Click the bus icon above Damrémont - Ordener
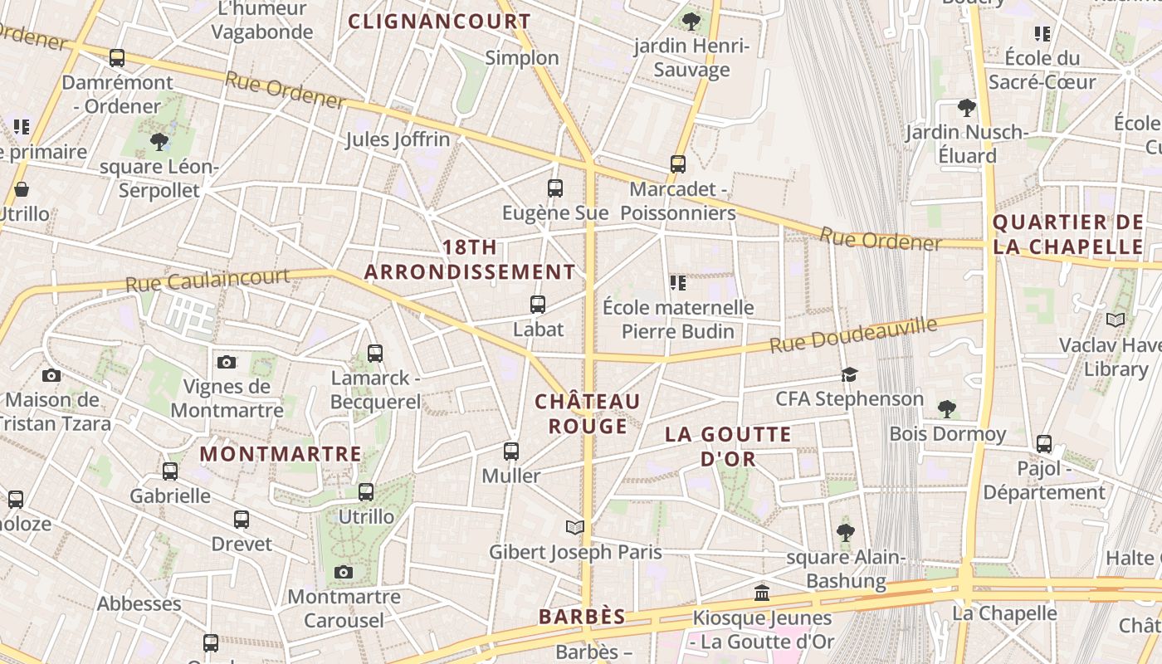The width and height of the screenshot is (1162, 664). click(x=117, y=58)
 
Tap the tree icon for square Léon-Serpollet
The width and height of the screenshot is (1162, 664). click(x=159, y=142)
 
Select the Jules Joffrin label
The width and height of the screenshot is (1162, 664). click(x=398, y=139)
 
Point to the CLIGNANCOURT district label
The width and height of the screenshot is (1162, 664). click(x=439, y=22)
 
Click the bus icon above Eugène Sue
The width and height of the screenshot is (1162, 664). click(x=555, y=188)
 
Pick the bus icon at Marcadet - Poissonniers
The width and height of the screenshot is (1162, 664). click(x=678, y=164)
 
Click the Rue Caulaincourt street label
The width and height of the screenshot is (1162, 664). click(x=207, y=280)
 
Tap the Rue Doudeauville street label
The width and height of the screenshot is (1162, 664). click(x=853, y=334)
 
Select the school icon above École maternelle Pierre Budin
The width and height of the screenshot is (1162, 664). click(x=678, y=283)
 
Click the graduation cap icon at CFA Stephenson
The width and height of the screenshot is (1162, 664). click(x=849, y=374)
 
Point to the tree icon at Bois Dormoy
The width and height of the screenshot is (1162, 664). click(x=946, y=408)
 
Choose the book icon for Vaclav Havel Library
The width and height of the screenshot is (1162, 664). click(x=1116, y=320)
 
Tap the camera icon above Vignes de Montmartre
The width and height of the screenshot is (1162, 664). click(x=227, y=362)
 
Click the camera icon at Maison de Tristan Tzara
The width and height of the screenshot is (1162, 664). click(x=51, y=375)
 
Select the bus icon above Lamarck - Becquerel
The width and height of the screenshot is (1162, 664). click(x=375, y=354)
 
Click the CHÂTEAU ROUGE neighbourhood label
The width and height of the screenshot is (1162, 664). click(x=588, y=413)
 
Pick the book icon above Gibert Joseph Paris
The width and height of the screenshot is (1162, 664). click(x=574, y=527)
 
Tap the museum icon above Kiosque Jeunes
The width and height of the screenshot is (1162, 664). click(x=762, y=593)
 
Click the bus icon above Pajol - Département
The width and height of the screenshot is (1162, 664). click(x=1044, y=444)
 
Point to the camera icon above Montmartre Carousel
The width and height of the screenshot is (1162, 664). click(x=344, y=572)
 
